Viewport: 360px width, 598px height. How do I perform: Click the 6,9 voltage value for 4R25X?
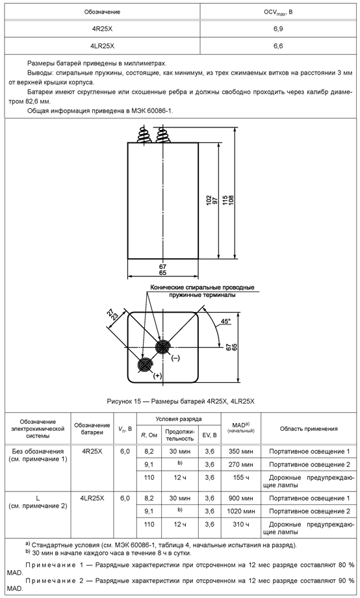pos(278,29)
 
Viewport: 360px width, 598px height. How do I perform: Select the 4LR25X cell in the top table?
pos(102,46)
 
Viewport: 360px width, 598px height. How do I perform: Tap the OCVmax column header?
pos(278,12)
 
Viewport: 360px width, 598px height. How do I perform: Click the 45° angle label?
pos(225,321)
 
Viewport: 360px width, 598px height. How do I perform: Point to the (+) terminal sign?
pos(157,376)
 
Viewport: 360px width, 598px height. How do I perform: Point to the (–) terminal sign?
pos(175,358)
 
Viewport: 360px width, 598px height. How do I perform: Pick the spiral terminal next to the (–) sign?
pos(163,347)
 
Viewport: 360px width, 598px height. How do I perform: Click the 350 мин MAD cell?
pos(240,452)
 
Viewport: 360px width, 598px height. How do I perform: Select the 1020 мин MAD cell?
pos(240,511)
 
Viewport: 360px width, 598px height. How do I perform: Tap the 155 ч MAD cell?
pos(240,478)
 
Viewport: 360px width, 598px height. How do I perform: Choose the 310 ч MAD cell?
pos(240,525)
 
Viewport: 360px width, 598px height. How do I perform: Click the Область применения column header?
pos(309,428)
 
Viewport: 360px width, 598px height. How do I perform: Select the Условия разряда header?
pos(179,419)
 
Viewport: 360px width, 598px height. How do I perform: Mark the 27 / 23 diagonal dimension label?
pos(113,315)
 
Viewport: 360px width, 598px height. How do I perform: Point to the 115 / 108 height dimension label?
pos(228,201)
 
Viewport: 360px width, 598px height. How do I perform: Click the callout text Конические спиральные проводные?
pos(202,287)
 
